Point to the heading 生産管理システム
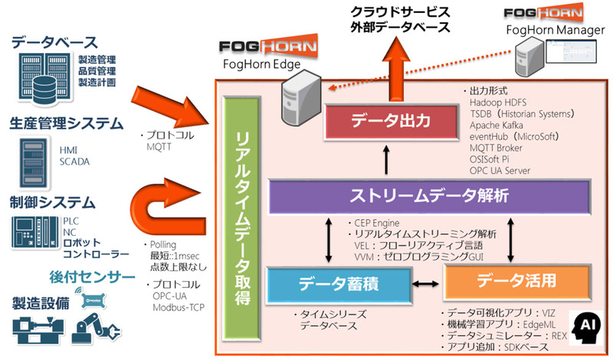coord(66,123)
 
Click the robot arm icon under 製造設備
coord(92,327)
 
